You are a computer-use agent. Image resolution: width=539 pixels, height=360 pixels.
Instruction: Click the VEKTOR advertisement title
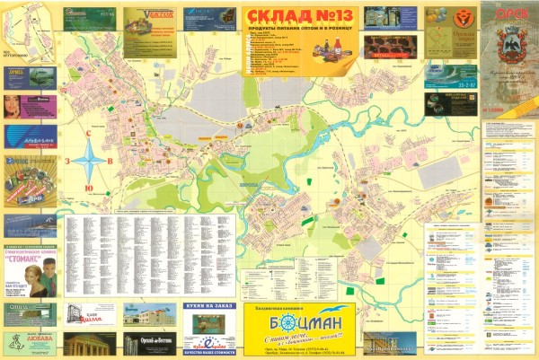pos(146,15)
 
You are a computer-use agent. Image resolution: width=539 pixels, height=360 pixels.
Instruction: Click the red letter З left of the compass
pos(67,162)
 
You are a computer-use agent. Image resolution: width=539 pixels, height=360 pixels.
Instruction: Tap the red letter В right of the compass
pos(110,162)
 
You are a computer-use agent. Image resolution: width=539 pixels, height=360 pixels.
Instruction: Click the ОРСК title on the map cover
pos(508,13)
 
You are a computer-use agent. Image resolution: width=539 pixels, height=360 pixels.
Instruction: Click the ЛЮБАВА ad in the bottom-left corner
pos(29,342)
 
